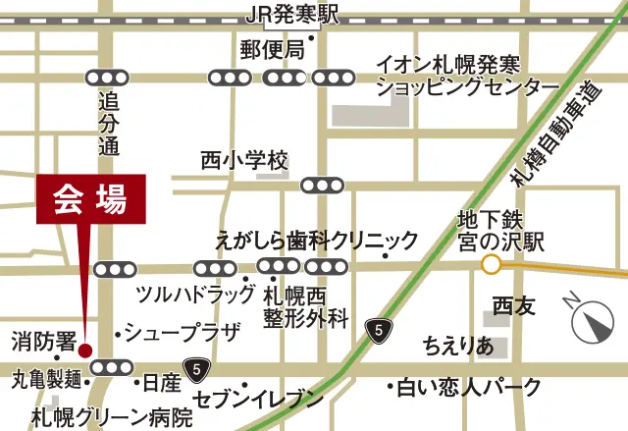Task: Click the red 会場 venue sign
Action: point(90,201)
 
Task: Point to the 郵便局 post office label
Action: point(272,50)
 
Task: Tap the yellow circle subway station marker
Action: point(491,264)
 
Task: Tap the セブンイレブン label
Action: point(258,399)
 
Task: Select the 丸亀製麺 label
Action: point(48,377)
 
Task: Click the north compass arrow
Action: point(593,320)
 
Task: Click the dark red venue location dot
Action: point(84,350)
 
